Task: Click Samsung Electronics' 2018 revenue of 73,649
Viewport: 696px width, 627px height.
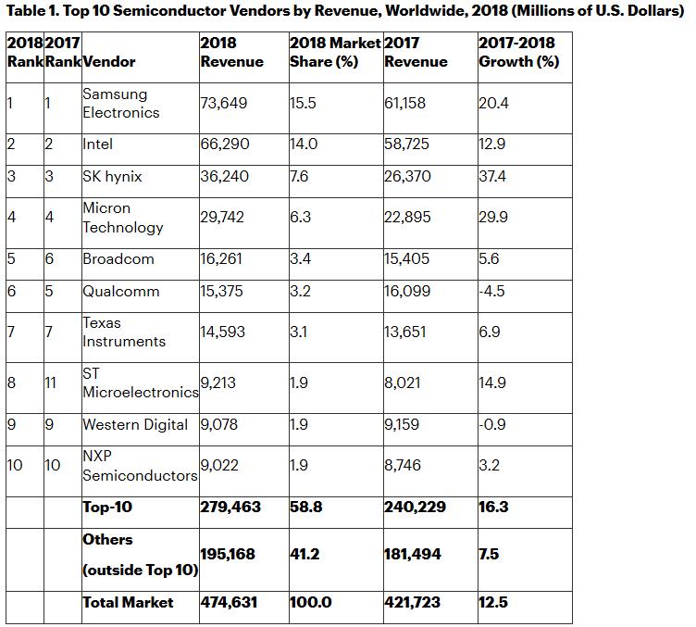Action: click(224, 103)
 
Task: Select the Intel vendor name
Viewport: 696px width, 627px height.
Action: click(98, 144)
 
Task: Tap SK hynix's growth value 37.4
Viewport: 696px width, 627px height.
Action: click(492, 176)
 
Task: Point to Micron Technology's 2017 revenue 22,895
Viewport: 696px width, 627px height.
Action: click(405, 218)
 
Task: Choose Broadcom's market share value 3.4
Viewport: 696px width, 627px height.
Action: click(301, 258)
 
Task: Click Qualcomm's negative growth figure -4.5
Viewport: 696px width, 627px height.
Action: click(492, 291)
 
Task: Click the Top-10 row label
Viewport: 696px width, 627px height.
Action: click(107, 507)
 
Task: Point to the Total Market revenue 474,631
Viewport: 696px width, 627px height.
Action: click(229, 602)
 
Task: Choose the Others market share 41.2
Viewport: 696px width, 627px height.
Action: click(304, 554)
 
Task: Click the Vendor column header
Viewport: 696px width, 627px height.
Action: click(108, 61)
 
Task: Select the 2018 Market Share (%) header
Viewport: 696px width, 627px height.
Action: click(333, 53)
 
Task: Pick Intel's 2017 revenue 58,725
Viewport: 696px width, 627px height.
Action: click(405, 144)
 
